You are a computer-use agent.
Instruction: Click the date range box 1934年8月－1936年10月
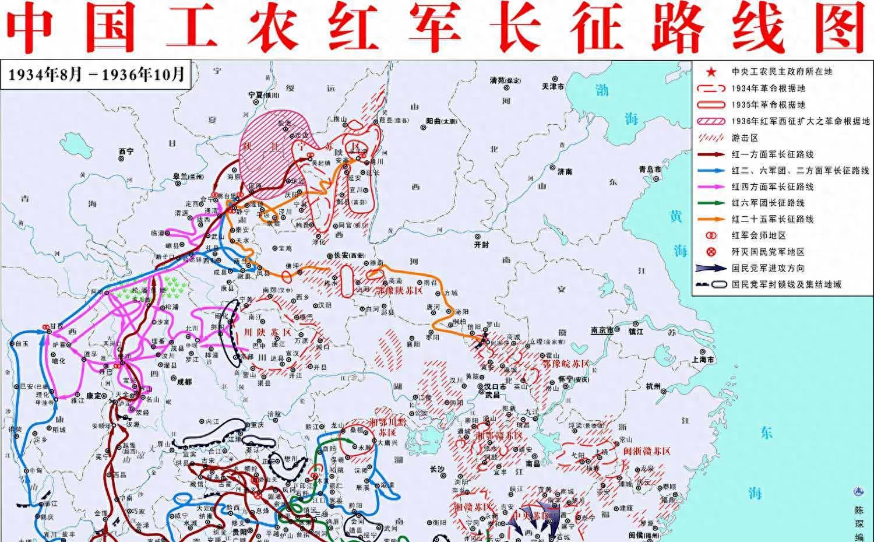96,75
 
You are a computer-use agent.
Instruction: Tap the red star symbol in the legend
711,72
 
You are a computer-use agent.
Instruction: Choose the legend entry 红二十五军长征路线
773,219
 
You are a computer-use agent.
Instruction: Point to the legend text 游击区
745,138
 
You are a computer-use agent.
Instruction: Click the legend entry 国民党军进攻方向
768,268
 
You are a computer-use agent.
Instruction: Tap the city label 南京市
602,330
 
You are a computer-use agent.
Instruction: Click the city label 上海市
703,360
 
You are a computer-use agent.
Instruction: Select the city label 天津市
553,86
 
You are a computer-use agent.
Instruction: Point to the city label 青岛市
650,169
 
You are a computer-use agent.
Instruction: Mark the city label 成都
184,382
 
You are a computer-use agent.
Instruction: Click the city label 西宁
126,152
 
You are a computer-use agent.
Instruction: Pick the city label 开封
482,245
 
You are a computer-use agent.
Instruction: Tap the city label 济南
564,172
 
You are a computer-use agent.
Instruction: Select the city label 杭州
654,386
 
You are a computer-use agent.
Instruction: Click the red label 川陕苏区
259,332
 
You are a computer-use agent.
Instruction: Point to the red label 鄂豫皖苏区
565,364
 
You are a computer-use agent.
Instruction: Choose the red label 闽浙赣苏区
647,451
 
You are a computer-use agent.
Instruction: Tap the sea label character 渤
602,90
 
